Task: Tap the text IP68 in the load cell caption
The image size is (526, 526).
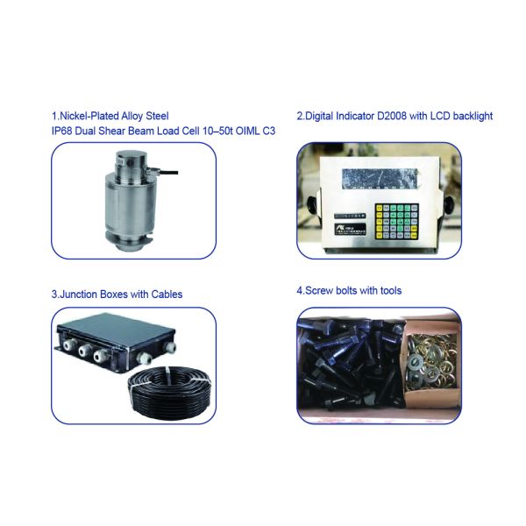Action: [61, 131]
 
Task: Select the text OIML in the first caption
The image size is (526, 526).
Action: [247, 131]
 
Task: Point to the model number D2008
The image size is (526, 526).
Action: [392, 116]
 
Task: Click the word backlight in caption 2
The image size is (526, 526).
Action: [473, 116]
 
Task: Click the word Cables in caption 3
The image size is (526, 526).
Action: [167, 295]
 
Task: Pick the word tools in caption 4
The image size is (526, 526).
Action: [391, 290]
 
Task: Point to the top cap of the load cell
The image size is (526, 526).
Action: [131, 156]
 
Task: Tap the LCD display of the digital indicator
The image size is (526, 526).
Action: [380, 178]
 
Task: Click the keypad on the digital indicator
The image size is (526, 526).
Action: [396, 221]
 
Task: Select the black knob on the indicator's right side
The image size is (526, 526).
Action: [448, 204]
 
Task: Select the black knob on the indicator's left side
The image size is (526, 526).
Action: [311, 204]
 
